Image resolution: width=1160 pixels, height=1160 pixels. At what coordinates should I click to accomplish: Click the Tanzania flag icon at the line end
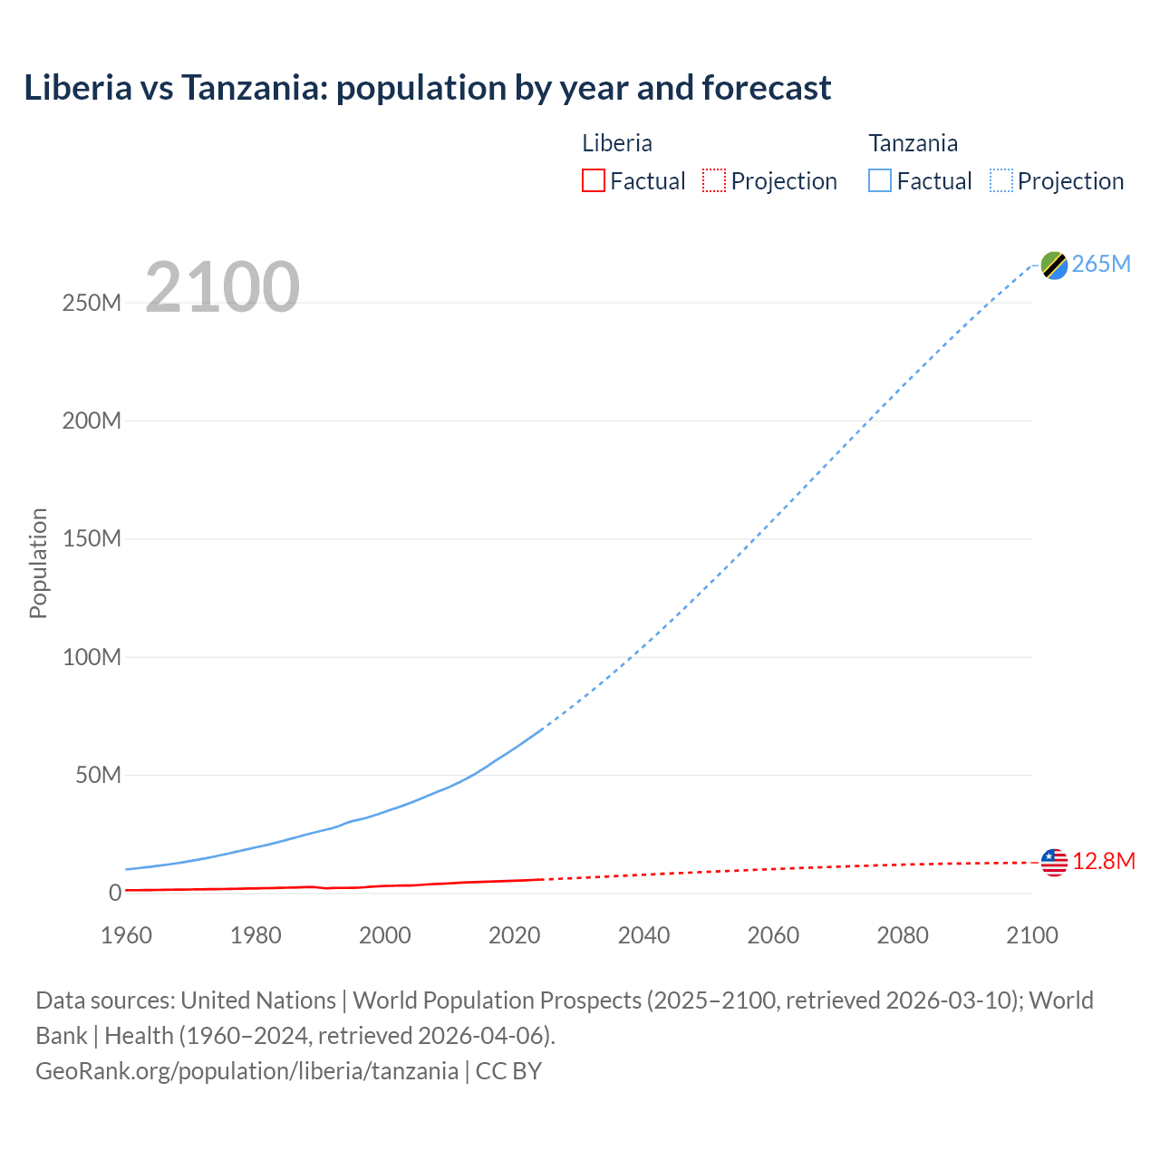[1054, 265]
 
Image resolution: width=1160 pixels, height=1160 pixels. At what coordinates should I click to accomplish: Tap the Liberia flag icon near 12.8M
[1054, 862]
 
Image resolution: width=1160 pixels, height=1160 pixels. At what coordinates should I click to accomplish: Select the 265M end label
[1101, 264]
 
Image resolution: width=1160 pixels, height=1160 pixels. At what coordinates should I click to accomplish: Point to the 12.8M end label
[1104, 861]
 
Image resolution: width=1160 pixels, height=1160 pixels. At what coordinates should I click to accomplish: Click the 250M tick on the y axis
[92, 303]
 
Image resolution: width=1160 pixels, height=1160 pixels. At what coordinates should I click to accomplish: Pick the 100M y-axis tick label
[92, 657]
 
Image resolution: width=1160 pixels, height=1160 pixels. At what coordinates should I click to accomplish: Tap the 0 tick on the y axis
[115, 893]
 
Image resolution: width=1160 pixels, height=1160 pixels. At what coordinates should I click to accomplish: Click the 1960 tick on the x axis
[126, 935]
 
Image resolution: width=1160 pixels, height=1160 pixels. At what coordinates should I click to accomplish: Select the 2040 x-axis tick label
[643, 935]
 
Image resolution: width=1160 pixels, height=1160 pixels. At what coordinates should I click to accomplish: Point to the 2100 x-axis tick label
[1031, 935]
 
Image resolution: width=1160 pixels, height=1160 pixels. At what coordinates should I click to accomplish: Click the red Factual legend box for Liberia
[593, 181]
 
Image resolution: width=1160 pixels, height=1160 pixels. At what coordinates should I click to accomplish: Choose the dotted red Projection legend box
[714, 181]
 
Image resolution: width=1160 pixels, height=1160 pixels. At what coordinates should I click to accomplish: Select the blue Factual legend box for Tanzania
[879, 181]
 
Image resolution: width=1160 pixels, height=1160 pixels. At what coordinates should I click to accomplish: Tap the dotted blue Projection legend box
[1000, 181]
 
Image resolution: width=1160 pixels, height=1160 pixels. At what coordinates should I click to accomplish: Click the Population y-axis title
[38, 563]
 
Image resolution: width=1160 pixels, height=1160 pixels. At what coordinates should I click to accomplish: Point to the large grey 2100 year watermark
[222, 287]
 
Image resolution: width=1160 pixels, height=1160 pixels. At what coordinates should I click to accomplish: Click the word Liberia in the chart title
[78, 88]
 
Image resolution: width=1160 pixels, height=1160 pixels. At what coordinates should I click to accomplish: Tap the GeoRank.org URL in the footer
[246, 1071]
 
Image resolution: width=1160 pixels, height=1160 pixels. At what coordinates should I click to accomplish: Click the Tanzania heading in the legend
[913, 143]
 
